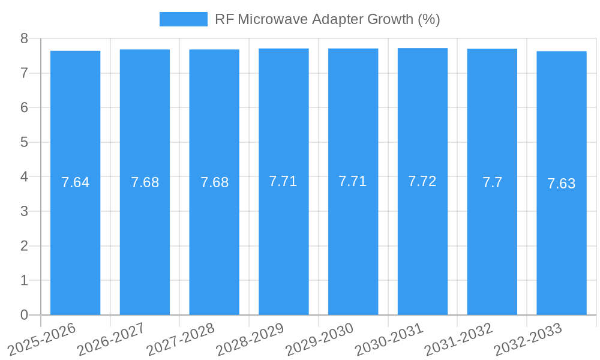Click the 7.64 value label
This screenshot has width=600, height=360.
click(75, 182)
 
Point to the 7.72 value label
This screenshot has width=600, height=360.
click(422, 181)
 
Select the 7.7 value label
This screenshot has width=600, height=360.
click(492, 182)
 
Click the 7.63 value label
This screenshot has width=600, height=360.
click(562, 184)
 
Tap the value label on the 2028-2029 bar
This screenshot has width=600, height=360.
click(283, 181)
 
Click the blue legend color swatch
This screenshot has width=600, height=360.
click(183, 19)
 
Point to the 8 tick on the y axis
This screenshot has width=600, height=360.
click(24, 38)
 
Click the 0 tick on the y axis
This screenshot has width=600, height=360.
click(24, 315)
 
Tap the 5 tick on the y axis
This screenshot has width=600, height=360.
click(24, 142)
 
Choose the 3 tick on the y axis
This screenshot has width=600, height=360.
click(24, 211)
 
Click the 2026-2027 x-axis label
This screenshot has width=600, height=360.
click(111, 339)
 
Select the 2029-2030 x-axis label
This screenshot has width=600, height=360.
click(319, 339)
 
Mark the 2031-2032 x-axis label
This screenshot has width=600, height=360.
click(458, 339)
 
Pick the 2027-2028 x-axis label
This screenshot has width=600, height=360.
click(180, 339)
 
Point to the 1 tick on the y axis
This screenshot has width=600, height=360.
click(24, 280)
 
